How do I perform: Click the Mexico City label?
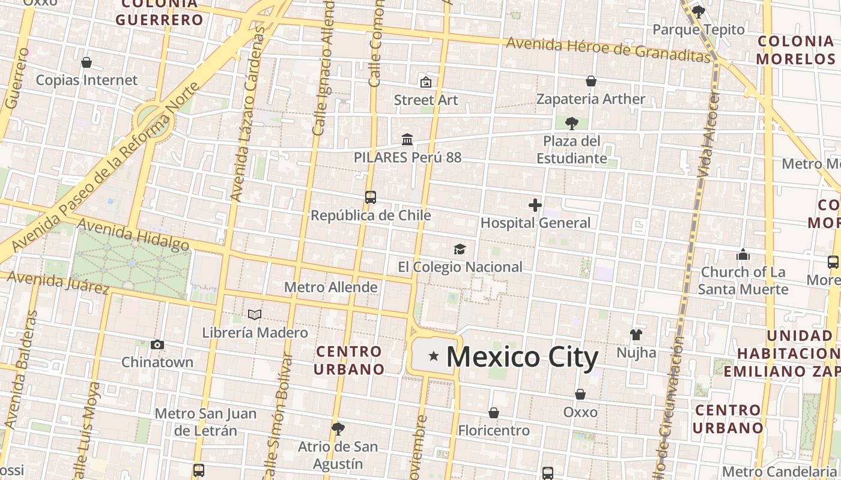click(522, 357)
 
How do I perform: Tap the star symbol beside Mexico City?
click(434, 356)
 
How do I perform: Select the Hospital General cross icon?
click(535, 206)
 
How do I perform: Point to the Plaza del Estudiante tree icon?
click(571, 124)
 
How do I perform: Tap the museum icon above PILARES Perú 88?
click(407, 140)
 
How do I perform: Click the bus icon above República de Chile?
click(371, 197)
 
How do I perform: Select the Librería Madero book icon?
click(255, 315)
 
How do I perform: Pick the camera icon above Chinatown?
click(157, 345)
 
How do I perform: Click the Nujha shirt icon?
click(636, 335)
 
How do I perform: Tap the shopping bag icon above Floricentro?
click(494, 413)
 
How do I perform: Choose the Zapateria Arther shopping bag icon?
click(591, 81)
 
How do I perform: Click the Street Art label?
click(426, 100)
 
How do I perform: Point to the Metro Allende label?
click(331, 287)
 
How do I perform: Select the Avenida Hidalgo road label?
click(133, 235)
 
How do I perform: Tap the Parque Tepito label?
click(698, 29)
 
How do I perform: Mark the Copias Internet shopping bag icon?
click(87, 62)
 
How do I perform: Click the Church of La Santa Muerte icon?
click(743, 254)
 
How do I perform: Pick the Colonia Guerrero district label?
click(160, 12)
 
